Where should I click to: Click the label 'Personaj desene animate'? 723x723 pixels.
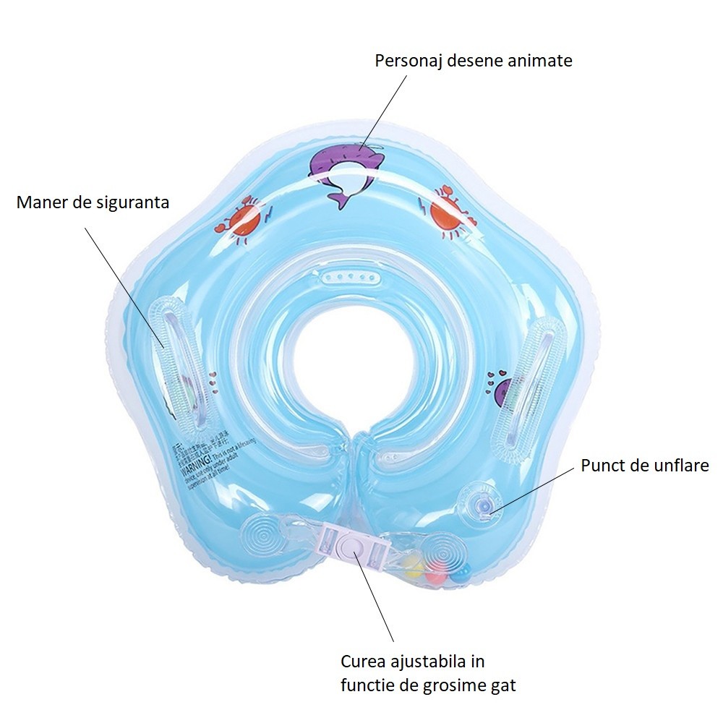(x=473, y=61)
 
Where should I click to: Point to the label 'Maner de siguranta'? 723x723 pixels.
(x=93, y=202)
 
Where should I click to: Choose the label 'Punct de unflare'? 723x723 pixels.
(x=645, y=466)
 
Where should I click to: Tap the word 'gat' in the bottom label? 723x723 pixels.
(x=502, y=684)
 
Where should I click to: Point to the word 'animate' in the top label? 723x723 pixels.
(x=541, y=61)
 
